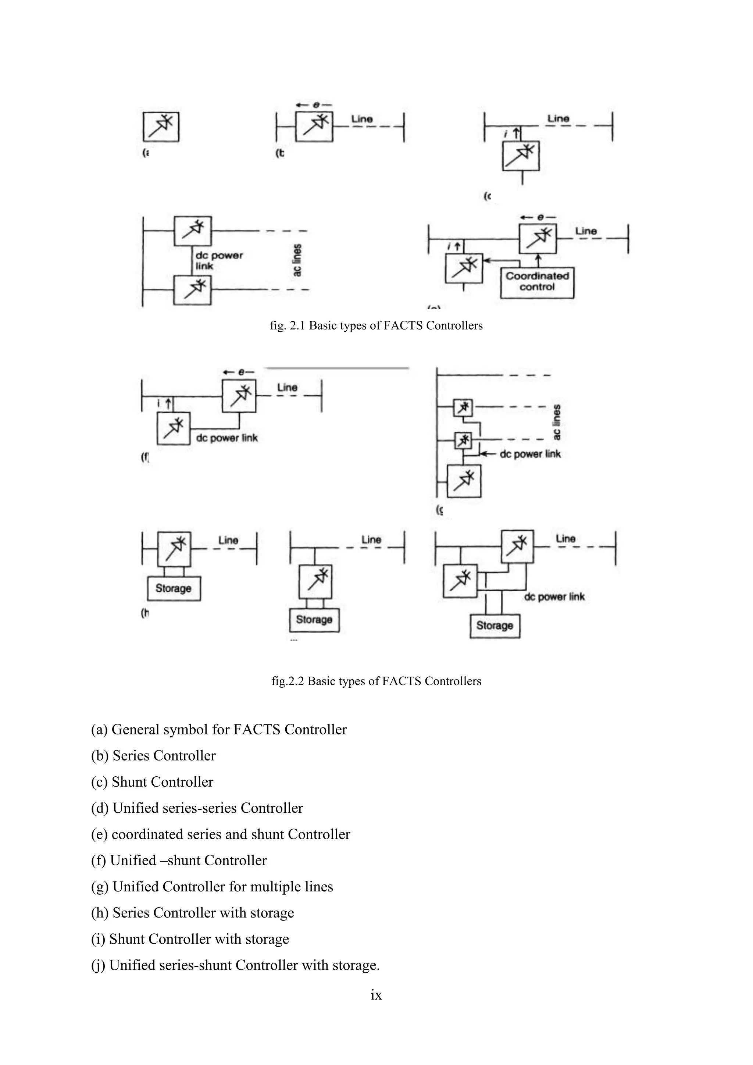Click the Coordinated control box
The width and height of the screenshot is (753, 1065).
(x=537, y=282)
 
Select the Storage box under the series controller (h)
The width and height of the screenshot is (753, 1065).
(x=174, y=588)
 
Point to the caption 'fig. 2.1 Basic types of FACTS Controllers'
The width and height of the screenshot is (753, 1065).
(x=376, y=325)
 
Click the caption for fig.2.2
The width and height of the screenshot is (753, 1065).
(x=376, y=681)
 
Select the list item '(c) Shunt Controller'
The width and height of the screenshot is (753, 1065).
(x=152, y=781)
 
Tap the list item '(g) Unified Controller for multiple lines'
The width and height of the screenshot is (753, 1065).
(x=212, y=886)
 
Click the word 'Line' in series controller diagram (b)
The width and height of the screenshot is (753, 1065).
(x=362, y=119)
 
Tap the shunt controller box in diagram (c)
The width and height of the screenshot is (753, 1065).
(x=521, y=156)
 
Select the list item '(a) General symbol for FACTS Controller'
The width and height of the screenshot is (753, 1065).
(x=219, y=729)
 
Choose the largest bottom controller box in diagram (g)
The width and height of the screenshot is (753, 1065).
(x=464, y=481)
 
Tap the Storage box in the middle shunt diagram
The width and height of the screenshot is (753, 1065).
(x=314, y=620)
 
